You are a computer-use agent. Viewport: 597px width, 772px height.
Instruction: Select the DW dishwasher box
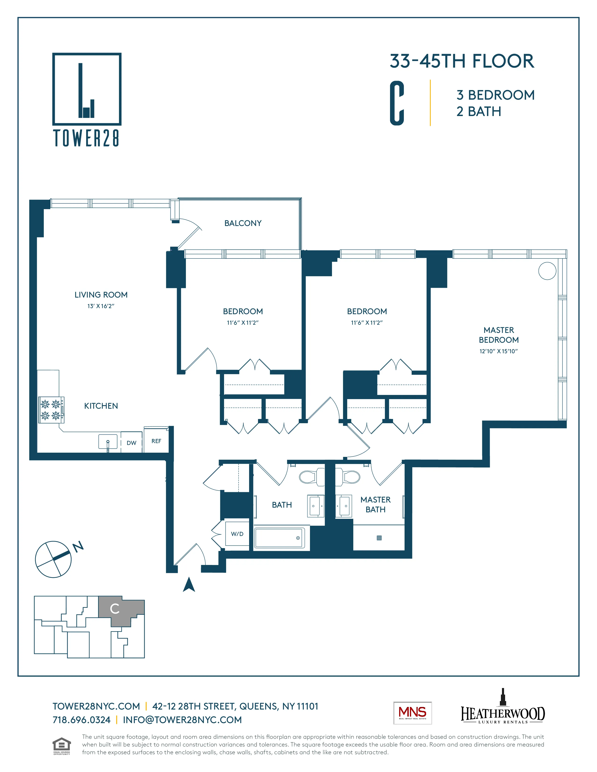pyautogui.click(x=131, y=443)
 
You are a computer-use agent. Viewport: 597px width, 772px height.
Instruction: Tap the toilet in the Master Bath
pyautogui.click(x=348, y=477)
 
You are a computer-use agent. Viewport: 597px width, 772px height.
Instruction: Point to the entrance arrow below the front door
pyautogui.click(x=189, y=585)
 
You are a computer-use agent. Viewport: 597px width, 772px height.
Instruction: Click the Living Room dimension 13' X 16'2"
pyautogui.click(x=101, y=306)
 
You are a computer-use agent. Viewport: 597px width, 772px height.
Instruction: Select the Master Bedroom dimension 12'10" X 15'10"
pyautogui.click(x=498, y=351)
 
